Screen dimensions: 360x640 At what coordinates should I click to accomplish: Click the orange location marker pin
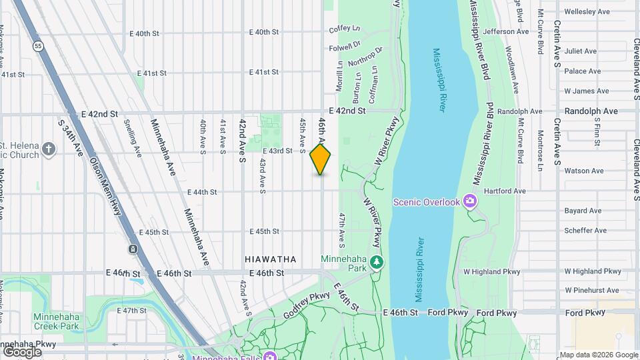coord(321,159)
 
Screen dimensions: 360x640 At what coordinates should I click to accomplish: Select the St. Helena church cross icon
coord(48,148)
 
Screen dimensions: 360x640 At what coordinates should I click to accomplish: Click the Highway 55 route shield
coord(38,46)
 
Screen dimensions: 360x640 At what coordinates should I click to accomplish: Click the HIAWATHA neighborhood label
coord(270,259)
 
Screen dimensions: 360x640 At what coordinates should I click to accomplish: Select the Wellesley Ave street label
coord(587,11)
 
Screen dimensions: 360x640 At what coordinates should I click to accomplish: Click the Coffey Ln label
coord(344,29)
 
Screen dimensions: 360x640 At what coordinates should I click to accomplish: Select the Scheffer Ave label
coord(585,231)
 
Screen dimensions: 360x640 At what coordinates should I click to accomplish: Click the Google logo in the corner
coord(22,351)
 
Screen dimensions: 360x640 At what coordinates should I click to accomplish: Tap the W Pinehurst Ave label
coord(592,291)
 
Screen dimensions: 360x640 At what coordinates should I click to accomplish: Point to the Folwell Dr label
coord(344,45)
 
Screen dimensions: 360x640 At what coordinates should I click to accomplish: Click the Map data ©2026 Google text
coord(598,355)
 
